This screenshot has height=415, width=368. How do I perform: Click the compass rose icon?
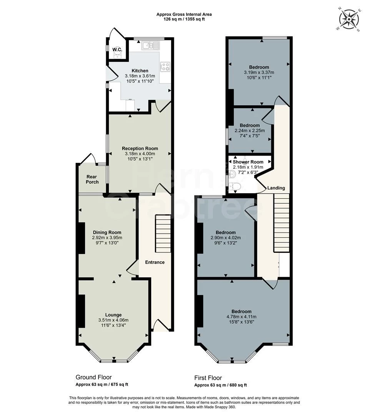pos(349,20)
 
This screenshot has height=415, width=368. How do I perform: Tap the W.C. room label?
pos(117,50)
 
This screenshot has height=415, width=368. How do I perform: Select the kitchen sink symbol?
pos(150,45)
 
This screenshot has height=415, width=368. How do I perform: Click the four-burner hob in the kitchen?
pos(166,66)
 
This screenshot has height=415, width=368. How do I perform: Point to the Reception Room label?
pos(140,148)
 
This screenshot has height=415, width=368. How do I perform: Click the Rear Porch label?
pos(92,179)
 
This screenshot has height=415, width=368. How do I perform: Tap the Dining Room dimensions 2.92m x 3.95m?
pos(107,238)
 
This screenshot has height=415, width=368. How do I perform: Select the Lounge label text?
pos(113,315)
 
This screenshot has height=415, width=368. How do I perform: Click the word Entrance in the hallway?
pos(155,262)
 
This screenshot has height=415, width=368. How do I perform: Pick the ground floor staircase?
pos(163,234)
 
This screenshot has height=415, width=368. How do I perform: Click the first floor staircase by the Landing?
pos(281,222)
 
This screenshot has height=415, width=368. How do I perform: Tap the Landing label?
pos(276,188)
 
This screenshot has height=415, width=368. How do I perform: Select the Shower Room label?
pos(248,162)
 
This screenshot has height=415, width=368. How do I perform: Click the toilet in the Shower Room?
pos(235,187)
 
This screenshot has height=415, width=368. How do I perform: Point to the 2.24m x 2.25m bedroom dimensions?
pos(250,131)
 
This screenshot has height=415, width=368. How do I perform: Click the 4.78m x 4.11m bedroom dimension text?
pos(241,317)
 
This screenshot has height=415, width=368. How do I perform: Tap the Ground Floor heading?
pos(93,377)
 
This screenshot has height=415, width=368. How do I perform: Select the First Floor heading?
pos(208,378)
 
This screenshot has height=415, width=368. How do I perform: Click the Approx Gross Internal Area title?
pos(184,15)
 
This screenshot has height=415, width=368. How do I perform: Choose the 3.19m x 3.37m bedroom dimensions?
pos(259,73)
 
